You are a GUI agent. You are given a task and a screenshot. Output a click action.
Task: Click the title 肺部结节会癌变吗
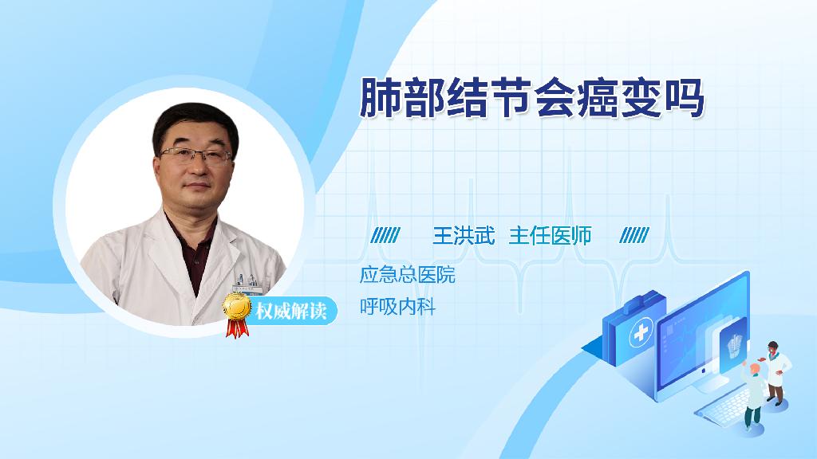[532, 97]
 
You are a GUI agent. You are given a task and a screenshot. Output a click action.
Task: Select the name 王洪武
[464, 236]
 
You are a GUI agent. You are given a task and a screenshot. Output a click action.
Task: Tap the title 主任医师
[551, 236]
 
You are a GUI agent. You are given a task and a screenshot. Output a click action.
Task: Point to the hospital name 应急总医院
[408, 275]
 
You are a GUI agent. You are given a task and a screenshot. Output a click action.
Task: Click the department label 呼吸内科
[397, 307]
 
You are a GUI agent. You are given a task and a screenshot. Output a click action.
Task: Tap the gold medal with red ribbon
[236, 313]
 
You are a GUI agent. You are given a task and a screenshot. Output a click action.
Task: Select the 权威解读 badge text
[290, 311]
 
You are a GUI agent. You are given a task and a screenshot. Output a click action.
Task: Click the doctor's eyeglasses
[196, 155]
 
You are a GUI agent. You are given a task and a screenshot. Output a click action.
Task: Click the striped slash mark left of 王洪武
[385, 235]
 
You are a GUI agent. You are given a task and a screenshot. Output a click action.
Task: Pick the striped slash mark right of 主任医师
[634, 235]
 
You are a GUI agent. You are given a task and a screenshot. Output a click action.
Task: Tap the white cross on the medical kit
[641, 332]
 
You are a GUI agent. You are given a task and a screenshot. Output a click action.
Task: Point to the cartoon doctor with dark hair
[776, 373]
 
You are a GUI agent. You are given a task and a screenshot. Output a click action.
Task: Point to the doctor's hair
[194, 125]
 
